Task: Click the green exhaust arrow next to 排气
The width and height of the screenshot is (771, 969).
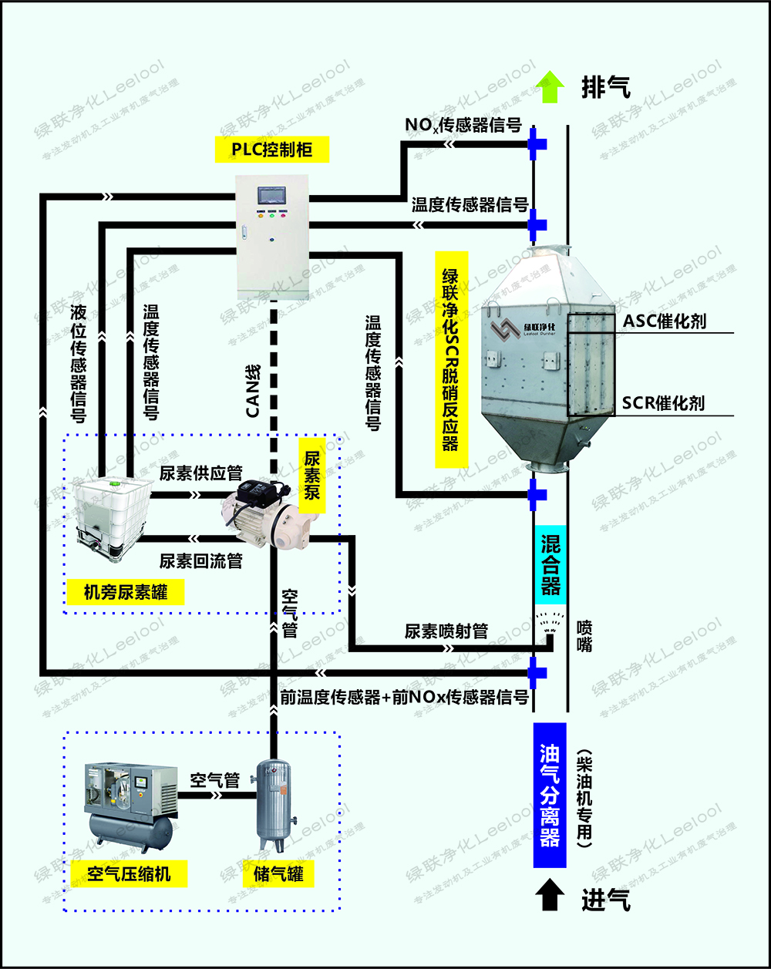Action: point(549,86)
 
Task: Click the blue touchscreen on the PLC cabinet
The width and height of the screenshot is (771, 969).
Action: point(271,195)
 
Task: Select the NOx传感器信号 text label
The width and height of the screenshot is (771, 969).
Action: point(463,124)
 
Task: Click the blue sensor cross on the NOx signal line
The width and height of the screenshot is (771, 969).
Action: point(537,143)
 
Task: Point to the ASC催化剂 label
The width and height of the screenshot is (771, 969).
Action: point(665,321)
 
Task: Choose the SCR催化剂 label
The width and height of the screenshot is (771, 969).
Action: point(663,402)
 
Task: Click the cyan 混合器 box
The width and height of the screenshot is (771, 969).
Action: point(550,565)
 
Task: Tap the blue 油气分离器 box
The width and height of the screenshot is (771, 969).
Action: point(550,794)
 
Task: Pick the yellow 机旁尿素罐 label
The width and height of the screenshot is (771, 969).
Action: point(125,592)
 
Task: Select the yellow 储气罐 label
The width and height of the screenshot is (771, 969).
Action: point(278,873)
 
